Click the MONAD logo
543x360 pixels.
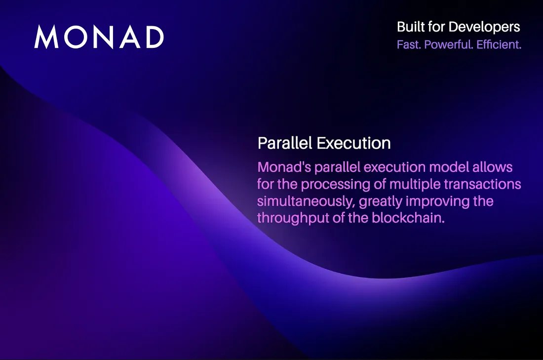click(x=99, y=37)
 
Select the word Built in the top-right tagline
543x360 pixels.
click(x=409, y=27)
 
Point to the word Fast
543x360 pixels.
click(x=409, y=44)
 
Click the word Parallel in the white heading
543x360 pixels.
click(x=285, y=143)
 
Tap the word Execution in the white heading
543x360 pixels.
click(x=353, y=143)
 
